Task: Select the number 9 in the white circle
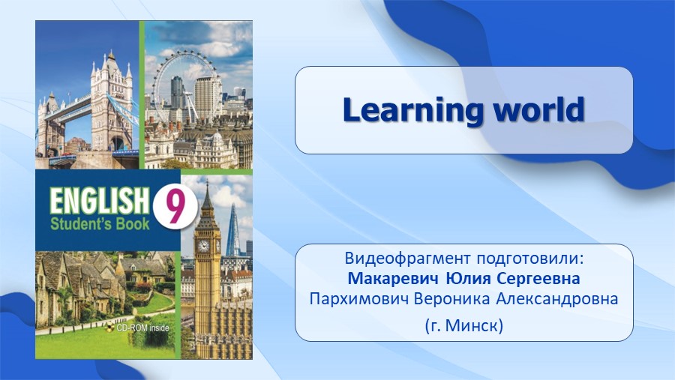coord(175,207)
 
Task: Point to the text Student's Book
coord(100,224)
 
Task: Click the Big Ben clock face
coord(202,246)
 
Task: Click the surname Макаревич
coord(394,278)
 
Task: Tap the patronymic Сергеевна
coord(538,279)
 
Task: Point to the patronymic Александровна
coord(557,299)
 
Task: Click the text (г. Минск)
coord(464,326)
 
